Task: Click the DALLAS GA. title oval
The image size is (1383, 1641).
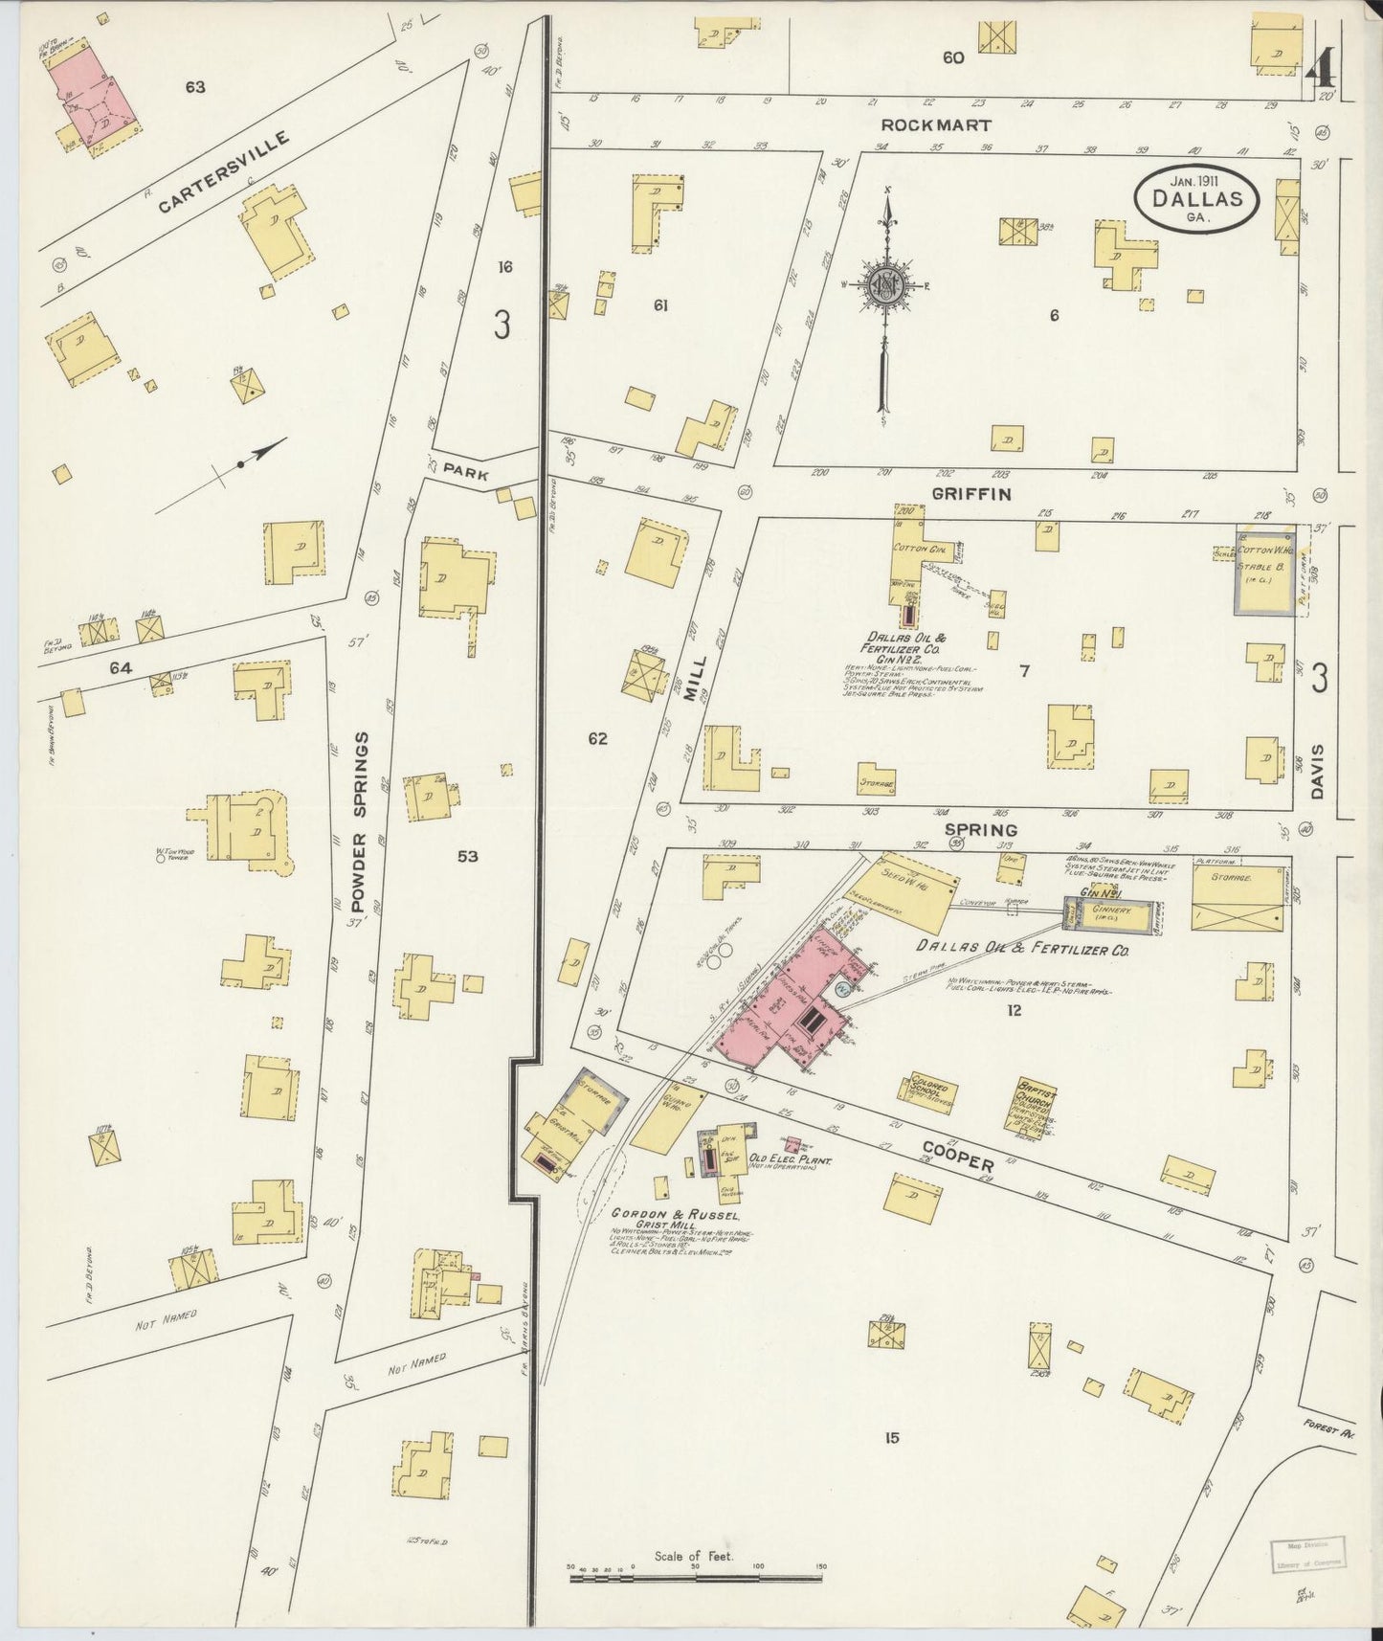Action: click(1197, 200)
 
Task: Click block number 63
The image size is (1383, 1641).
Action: click(195, 87)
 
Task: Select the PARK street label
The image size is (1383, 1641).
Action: click(470, 474)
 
